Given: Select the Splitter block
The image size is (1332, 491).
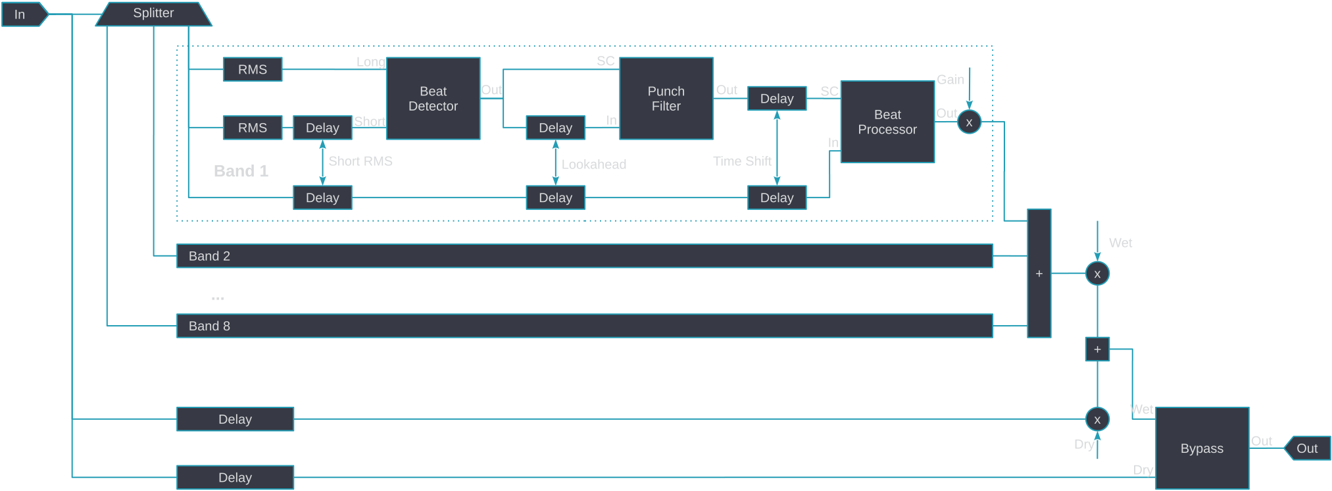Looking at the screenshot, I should point(153,13).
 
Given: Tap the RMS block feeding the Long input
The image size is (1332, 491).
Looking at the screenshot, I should point(253,69).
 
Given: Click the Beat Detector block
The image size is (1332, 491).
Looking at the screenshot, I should point(433,99).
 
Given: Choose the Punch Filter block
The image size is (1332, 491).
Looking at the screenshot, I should point(666,99).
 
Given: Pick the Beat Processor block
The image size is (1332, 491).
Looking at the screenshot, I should point(887,122).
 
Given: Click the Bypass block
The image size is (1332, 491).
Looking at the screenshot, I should point(1202,448).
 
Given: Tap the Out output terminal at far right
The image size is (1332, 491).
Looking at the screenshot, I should point(1308,448).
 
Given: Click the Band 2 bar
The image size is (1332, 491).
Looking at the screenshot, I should point(584,256).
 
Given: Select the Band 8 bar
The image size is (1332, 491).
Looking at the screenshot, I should point(584,326).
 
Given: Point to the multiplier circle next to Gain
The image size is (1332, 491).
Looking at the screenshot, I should point(969,122).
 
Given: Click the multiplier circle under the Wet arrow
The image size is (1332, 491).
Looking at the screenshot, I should point(1097,274).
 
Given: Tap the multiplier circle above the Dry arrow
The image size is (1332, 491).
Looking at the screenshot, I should point(1097,419).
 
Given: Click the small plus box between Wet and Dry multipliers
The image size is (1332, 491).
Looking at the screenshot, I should point(1097,349).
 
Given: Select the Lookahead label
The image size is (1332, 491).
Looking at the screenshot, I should point(593,165).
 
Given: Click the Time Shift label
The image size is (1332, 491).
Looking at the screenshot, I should point(742,161).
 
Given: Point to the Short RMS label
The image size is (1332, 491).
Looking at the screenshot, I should point(360,161).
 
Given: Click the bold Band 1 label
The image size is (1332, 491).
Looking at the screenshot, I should point(241,171).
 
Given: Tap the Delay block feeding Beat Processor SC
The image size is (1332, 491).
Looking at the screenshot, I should point(777,99).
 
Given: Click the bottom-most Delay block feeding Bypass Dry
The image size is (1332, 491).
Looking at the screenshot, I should point(235,477).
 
